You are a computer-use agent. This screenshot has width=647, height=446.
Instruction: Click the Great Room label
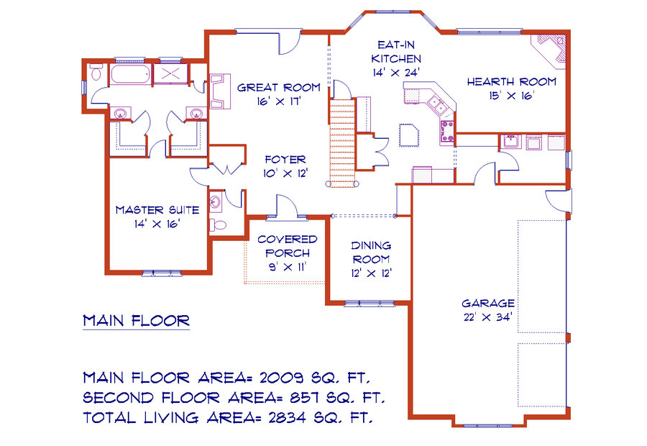(279, 88)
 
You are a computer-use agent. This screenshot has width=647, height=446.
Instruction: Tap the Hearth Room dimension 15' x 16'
(512, 96)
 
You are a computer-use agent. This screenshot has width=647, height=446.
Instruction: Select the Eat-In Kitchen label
(396, 52)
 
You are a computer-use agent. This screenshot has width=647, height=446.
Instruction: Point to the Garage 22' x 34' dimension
(488, 317)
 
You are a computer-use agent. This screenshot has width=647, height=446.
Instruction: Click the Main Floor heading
(136, 321)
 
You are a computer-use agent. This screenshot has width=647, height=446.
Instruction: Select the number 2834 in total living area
(287, 417)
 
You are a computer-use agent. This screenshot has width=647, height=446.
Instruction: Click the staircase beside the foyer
(342, 142)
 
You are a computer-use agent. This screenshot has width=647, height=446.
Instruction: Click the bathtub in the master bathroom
(130, 74)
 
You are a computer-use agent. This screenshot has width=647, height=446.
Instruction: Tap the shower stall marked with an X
(170, 74)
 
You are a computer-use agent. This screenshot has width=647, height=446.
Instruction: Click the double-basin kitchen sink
(436, 104)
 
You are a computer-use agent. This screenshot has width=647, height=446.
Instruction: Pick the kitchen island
(409, 135)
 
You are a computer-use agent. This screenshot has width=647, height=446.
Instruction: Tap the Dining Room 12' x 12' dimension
(372, 273)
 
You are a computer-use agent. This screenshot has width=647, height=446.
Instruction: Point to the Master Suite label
(157, 210)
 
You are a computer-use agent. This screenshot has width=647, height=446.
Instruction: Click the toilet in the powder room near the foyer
(219, 225)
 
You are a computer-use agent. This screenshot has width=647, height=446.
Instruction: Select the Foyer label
(285, 160)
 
